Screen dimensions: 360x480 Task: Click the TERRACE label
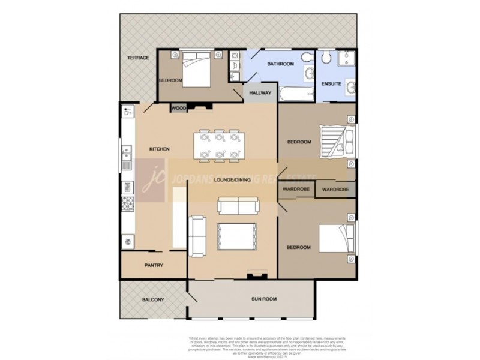137,58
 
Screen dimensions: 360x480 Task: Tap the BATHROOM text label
280,64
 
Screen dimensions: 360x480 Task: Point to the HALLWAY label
260,93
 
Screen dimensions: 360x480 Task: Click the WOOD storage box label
179,108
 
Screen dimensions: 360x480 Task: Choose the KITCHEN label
160,149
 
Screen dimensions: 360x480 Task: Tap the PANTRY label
154,265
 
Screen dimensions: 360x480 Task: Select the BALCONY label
153,300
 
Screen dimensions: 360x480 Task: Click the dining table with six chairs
219,146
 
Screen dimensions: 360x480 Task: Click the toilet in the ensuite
326,57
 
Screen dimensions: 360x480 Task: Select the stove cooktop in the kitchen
127,203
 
